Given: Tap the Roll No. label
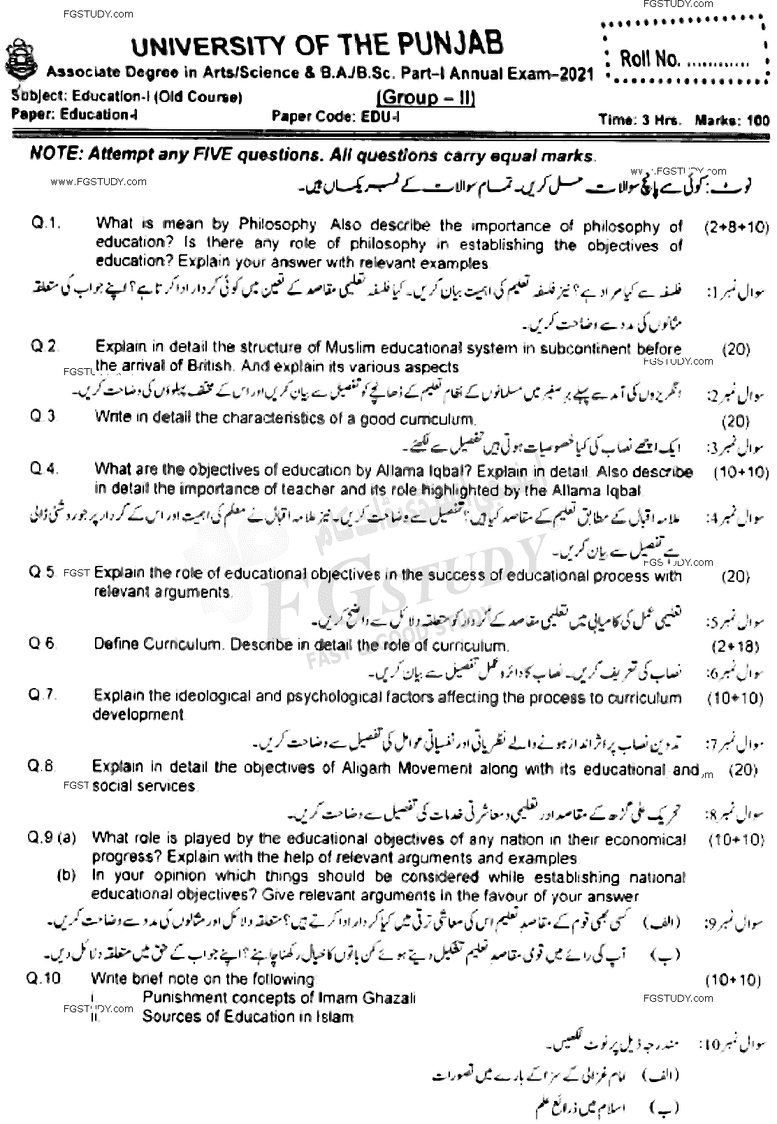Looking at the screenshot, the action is (649, 59).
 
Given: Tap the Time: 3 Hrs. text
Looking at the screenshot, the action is (639, 120).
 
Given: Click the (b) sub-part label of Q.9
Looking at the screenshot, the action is (67, 875).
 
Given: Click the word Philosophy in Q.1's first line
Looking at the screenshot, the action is (277, 224).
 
